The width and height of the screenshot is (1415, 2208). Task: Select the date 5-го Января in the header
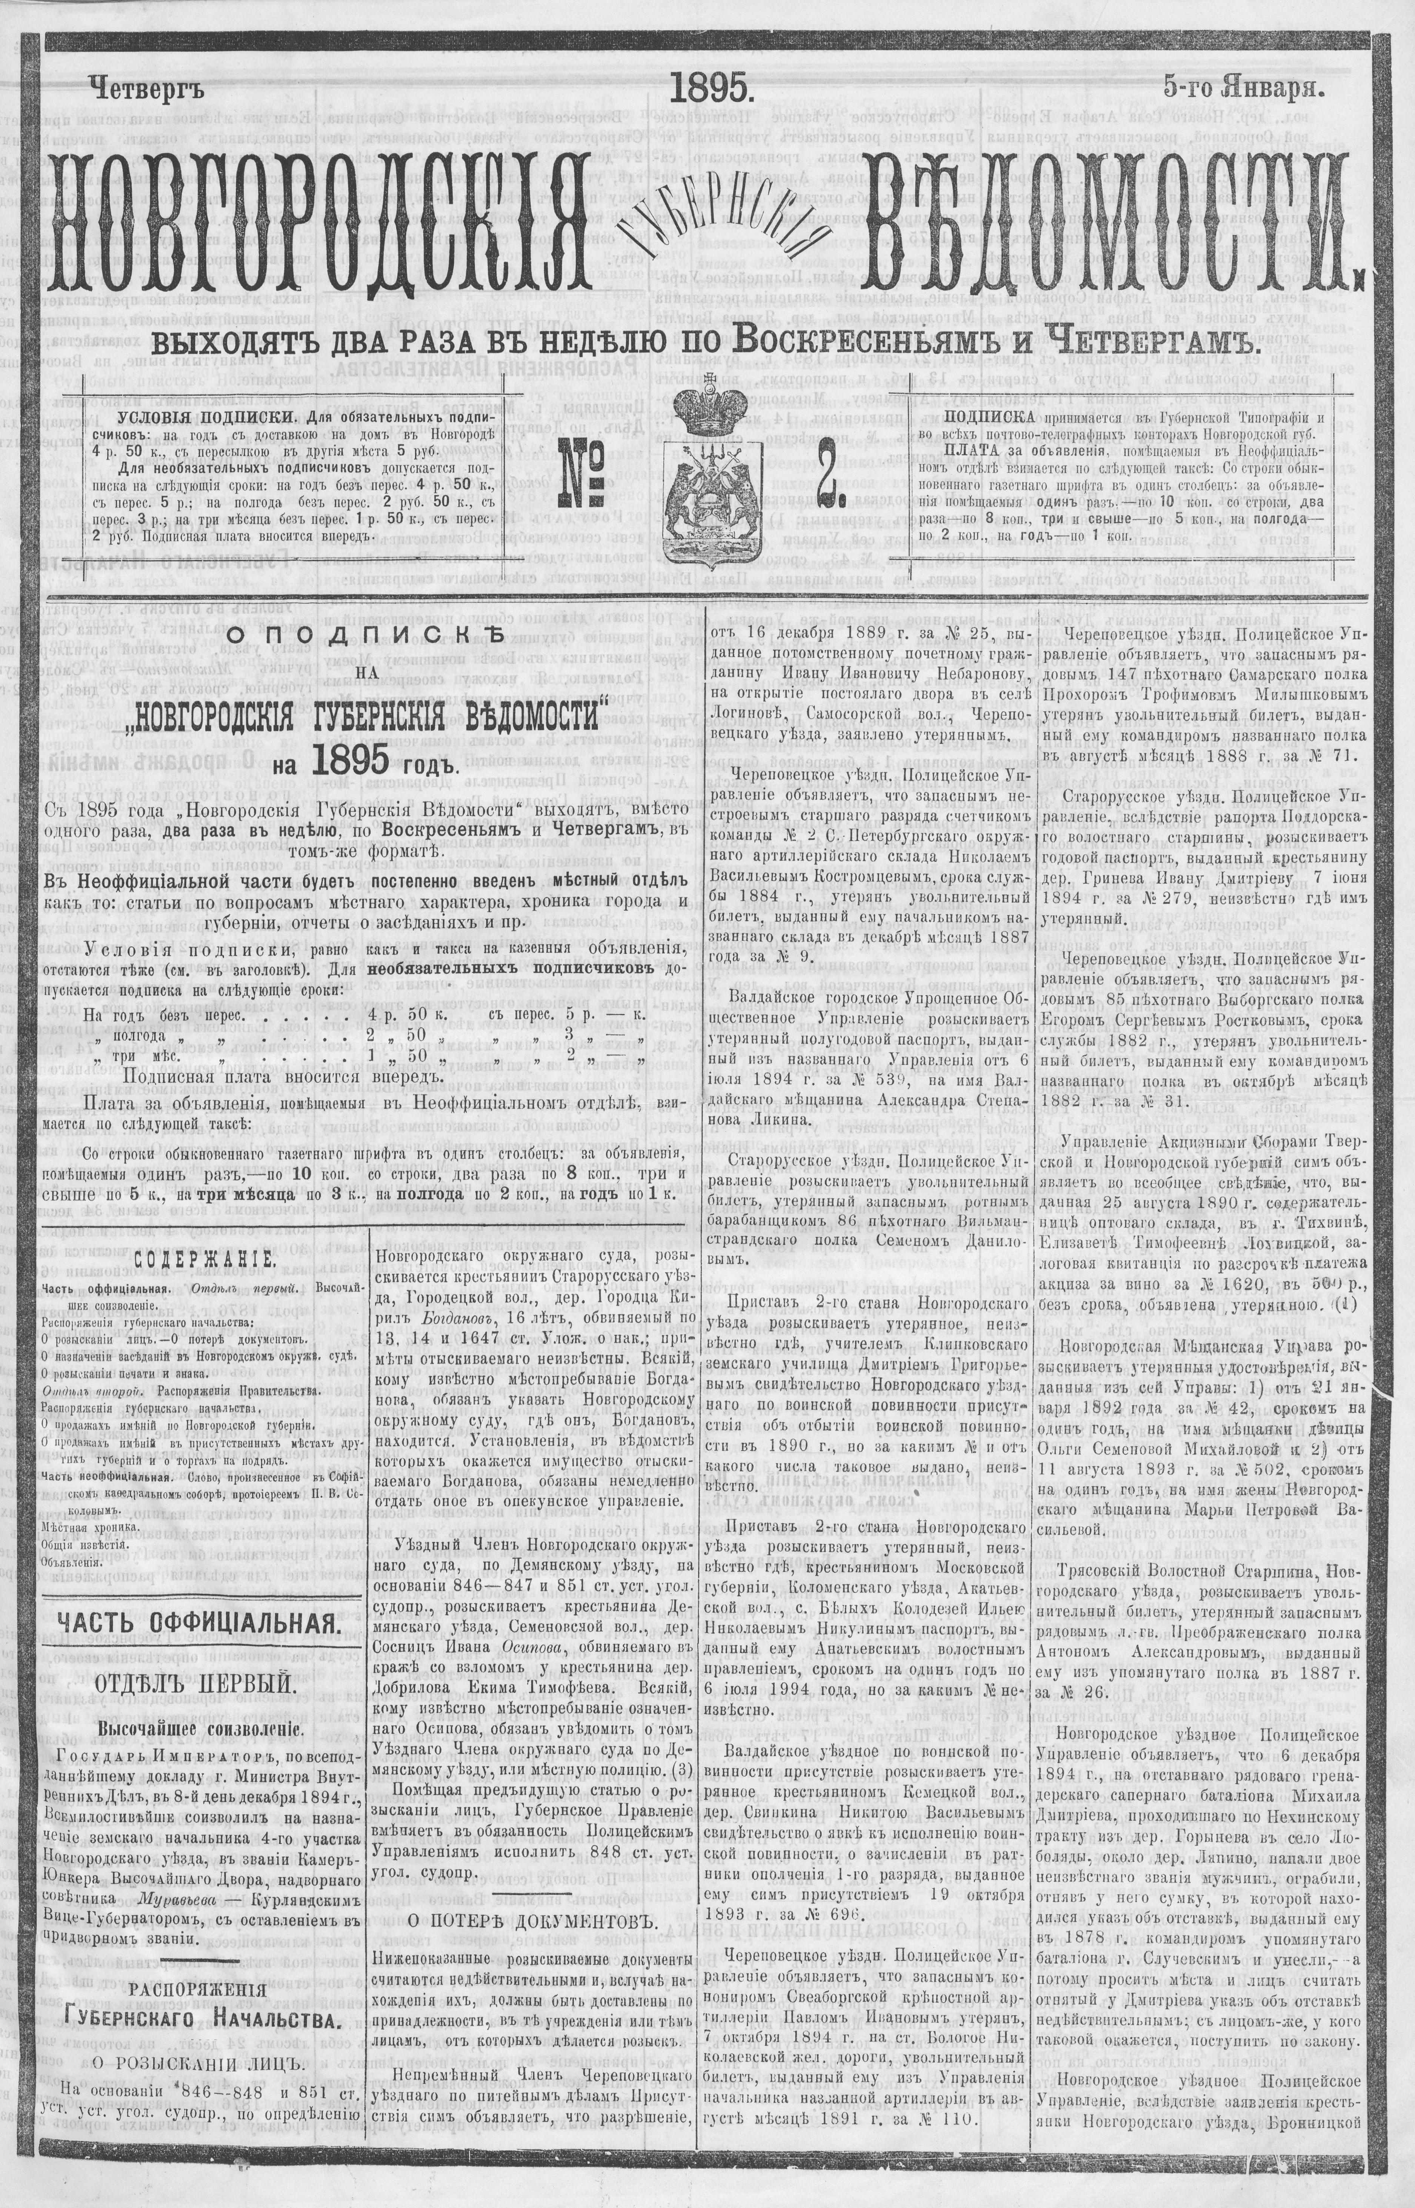point(1243,88)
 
